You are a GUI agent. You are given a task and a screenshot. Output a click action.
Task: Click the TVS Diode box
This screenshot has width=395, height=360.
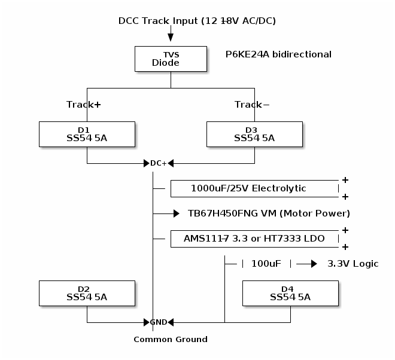pos(171,59)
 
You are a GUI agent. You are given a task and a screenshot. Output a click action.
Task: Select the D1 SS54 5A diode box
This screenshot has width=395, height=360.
pos(87,134)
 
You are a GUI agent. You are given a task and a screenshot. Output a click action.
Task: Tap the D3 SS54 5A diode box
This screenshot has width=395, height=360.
pos(254,134)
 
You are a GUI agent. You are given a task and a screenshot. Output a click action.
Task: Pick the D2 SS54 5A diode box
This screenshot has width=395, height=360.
pos(87,293)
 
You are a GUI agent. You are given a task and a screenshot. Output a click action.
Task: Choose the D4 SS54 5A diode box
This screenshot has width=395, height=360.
pos(290,293)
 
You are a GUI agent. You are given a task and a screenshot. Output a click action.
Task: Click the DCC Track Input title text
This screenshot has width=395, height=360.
pos(197,21)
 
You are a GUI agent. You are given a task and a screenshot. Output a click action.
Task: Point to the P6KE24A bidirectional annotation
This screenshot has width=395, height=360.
pos(278,54)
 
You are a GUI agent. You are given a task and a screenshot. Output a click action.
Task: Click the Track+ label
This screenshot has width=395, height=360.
pos(83,105)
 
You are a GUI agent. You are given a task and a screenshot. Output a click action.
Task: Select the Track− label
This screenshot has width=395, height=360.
pos(252,105)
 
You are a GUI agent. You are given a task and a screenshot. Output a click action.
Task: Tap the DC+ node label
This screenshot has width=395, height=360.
pos(159,163)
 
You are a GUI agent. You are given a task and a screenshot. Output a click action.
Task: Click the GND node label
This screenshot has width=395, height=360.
pos(159,322)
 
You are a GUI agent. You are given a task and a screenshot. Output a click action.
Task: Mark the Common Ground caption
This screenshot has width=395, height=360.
pos(171,340)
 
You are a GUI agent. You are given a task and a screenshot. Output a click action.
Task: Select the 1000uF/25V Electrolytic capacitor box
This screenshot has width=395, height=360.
pos(254,188)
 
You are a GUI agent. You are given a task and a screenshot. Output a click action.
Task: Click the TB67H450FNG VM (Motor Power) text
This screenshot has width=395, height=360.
pos(269,213)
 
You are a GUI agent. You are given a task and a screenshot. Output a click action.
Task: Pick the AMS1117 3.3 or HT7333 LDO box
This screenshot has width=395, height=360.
pos(254,239)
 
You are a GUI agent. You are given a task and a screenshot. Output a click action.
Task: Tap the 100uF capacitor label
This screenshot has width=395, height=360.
pos(266,264)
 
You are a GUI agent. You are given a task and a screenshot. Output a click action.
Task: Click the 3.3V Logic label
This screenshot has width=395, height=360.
pos(353,264)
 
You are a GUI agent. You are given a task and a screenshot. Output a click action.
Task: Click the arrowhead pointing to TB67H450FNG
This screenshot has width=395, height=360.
pos(176,213)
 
